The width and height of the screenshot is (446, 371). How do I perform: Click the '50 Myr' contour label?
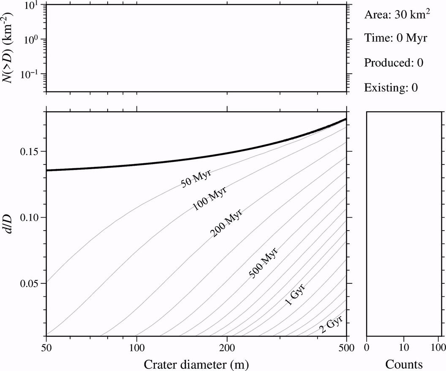click(196, 179)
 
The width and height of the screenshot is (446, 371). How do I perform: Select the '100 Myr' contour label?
click(209, 199)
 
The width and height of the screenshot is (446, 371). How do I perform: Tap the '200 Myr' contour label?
click(226, 223)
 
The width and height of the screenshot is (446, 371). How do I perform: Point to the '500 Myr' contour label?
click(264, 263)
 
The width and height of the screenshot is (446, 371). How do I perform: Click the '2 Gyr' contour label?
click(331, 324)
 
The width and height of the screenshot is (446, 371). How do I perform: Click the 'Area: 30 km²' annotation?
click(397, 14)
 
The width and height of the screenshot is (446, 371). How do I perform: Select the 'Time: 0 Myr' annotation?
click(396, 38)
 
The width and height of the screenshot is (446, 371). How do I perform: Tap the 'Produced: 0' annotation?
click(394, 63)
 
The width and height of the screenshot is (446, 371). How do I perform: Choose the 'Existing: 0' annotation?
click(391, 87)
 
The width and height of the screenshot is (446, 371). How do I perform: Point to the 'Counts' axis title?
click(404, 364)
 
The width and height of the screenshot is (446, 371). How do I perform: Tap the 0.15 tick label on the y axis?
click(30, 152)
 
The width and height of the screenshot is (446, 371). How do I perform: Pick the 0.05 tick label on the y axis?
click(30, 284)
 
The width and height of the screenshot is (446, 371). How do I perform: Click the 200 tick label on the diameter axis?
click(227, 347)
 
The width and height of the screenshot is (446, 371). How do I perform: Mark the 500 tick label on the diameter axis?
click(346, 347)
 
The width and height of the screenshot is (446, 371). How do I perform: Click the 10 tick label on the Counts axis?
click(404, 347)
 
